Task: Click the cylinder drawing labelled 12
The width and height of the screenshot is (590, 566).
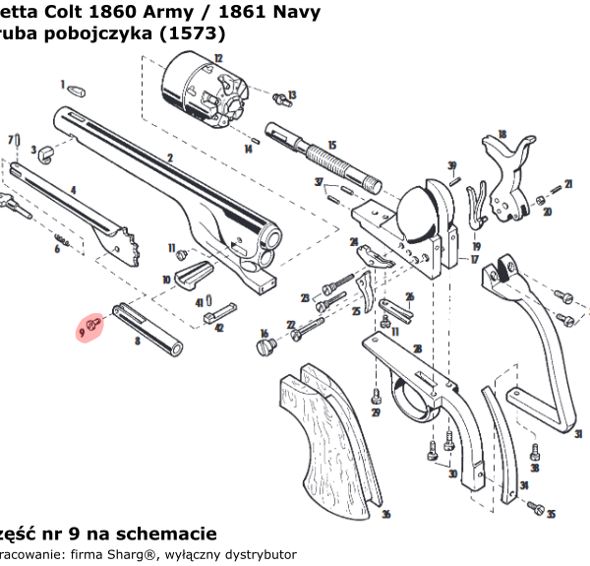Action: [x=196, y=85]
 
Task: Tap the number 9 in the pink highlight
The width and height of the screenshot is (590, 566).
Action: [x=82, y=333]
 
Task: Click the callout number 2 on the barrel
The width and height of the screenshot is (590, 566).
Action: [x=170, y=157]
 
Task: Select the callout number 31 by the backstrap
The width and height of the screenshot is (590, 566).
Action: [x=578, y=433]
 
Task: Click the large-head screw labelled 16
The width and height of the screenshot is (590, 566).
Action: [x=263, y=347]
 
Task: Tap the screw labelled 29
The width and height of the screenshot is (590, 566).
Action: [x=376, y=398]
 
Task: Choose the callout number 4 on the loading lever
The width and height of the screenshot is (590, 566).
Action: [x=72, y=188]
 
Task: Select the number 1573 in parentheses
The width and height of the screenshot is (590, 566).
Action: [x=203, y=34]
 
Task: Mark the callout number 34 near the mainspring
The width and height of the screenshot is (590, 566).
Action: [x=525, y=485]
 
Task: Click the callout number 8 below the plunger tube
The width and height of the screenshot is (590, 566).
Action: [x=137, y=341]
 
